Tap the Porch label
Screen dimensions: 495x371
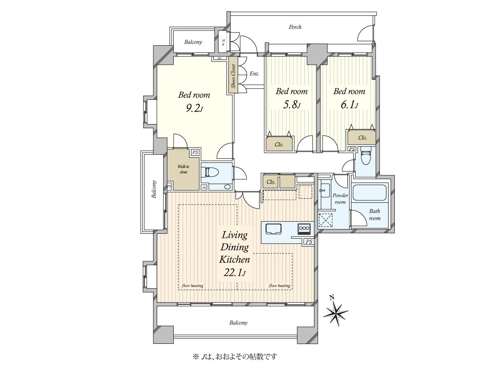click(295, 27)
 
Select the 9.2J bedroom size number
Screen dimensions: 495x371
click(194, 109)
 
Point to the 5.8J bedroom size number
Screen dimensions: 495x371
click(292, 105)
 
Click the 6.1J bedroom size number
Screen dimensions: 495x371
click(349, 105)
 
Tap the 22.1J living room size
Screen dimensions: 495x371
click(235, 273)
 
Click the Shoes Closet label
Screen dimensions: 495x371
click(233, 76)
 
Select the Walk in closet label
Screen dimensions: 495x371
click(183, 169)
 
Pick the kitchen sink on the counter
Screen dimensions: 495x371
click(273, 229)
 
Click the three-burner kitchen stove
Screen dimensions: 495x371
click(304, 228)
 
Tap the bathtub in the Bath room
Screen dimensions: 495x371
click(369, 193)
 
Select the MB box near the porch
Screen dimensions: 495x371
click(223, 42)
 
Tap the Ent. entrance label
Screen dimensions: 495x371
click(254, 74)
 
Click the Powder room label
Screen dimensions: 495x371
click(340, 198)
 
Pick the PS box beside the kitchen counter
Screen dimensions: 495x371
click(309, 242)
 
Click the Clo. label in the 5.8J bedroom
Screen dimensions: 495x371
click(279, 145)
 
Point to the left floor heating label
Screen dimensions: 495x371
click(192, 286)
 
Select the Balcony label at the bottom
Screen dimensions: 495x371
click(238, 323)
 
